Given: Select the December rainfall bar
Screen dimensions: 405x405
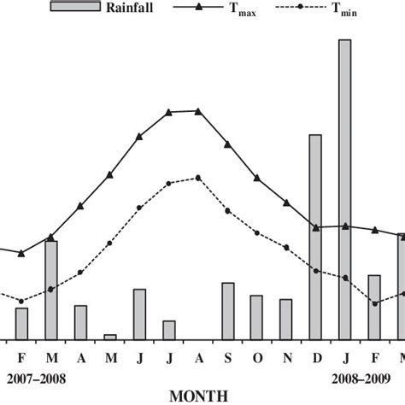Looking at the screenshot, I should coord(315,237).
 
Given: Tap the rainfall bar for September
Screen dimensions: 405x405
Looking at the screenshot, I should coord(228,310).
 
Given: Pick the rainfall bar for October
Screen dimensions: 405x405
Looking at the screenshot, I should coord(256,317).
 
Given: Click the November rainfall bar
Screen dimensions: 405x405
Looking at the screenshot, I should coord(286,319).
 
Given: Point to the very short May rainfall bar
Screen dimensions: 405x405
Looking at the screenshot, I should coord(109,336).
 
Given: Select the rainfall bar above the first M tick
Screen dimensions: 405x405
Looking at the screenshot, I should coord(51,290).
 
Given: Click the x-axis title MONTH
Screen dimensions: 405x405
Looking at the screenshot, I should coord(198,395).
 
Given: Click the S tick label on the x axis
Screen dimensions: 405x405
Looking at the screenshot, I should coord(227,356).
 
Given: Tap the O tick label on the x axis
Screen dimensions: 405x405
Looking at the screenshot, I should coord(256,356).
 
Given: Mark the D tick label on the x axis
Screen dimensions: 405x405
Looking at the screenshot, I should coord(315,356).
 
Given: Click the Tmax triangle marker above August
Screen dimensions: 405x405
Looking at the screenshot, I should coord(198,111).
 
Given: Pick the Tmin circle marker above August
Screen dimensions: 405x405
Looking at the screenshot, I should coord(198,178).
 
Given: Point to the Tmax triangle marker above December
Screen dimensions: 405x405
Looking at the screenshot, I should coord(315,226).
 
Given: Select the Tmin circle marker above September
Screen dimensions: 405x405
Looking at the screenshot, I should coord(227,210).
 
